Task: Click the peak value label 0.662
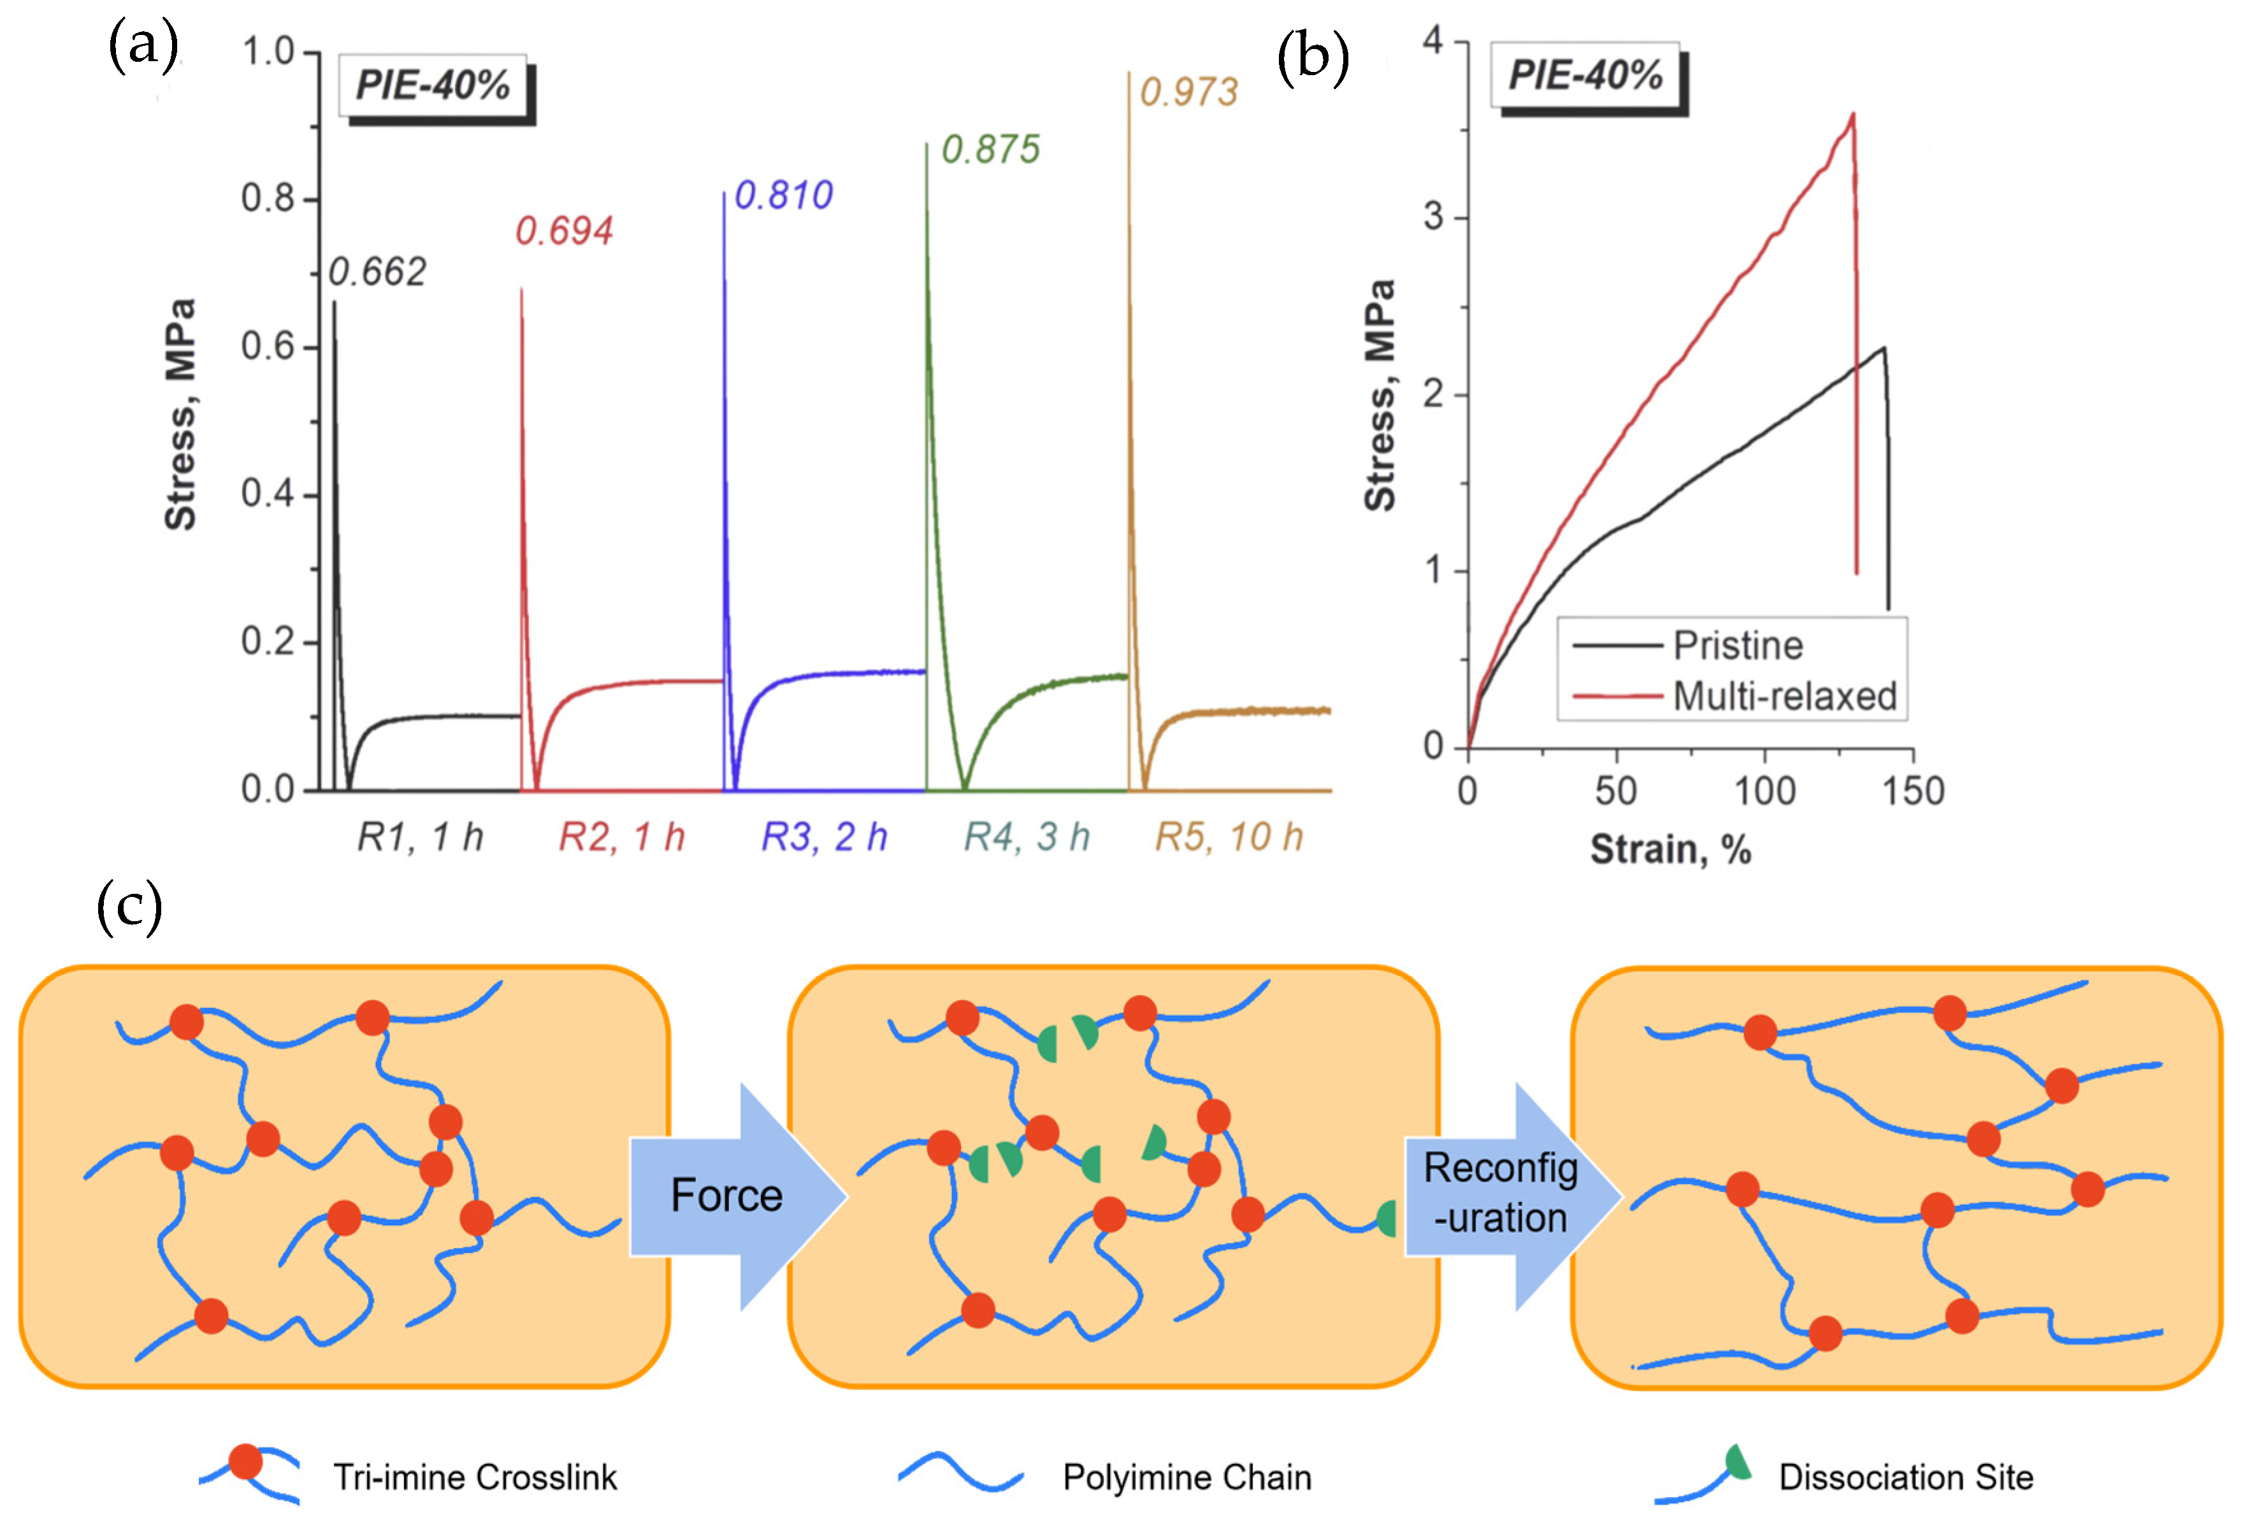[377, 273]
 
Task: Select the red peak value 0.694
[564, 232]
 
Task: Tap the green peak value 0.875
[990, 150]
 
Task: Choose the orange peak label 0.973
[1188, 92]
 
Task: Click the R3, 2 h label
[824, 836]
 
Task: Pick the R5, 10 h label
[1229, 836]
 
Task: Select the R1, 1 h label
[420, 836]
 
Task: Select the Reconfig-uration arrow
[1501, 1194]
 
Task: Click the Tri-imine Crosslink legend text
[475, 1477]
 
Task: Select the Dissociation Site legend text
[1905, 1477]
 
